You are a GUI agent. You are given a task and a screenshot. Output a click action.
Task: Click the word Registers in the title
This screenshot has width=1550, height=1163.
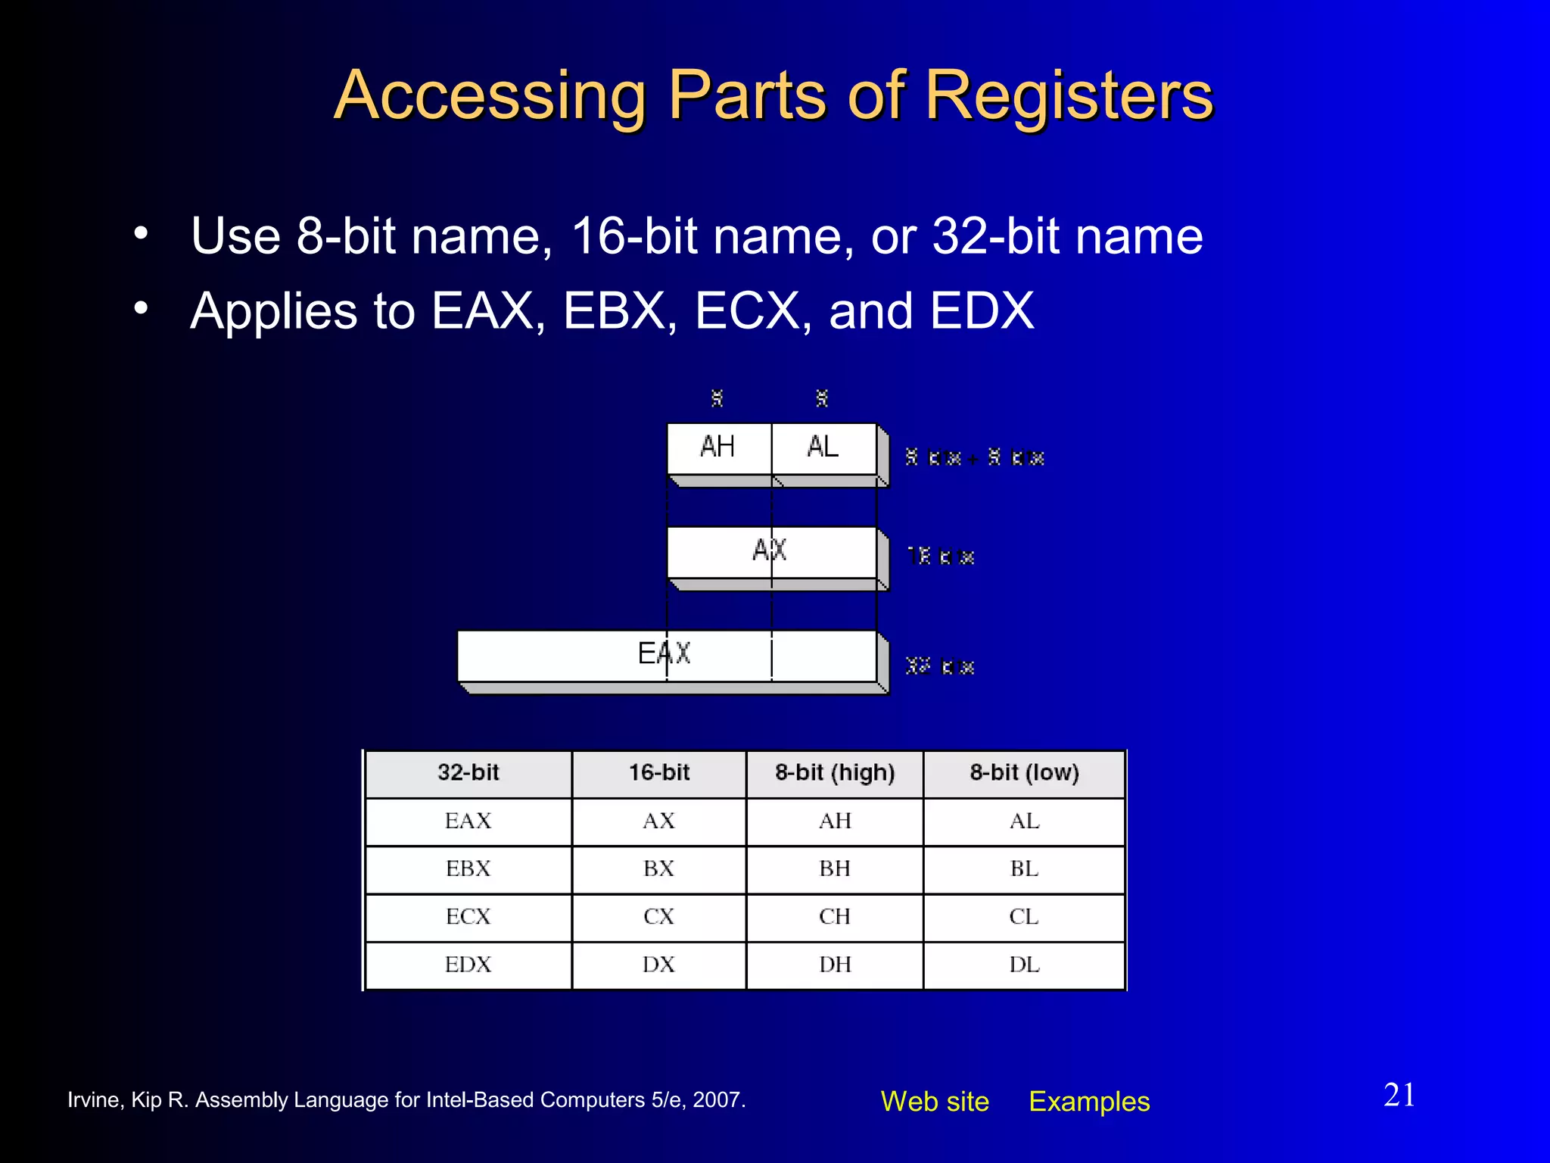1069,95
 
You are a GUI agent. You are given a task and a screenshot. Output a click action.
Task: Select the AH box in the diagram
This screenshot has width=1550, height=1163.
717,447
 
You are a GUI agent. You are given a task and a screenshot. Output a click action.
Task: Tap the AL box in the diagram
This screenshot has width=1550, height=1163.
823,447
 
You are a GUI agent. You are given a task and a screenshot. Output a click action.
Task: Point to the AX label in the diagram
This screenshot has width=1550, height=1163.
770,550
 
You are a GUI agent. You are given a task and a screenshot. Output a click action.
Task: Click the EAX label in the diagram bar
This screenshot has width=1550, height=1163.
664,653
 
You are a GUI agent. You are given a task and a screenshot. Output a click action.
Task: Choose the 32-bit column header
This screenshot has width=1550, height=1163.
468,773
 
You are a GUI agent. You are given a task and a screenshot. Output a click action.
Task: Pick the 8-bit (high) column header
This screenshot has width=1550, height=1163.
835,773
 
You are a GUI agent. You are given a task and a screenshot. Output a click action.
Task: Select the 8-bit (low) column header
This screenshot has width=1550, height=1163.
1024,773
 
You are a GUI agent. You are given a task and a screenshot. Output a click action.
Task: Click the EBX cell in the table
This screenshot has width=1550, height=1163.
468,869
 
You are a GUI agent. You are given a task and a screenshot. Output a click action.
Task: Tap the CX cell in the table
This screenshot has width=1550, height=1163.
658,917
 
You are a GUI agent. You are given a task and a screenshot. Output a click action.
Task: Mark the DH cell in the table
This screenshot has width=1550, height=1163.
835,965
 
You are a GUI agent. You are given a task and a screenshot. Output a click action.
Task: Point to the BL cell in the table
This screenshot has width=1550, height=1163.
1024,869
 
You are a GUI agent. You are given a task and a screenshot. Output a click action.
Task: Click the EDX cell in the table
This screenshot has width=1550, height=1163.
468,965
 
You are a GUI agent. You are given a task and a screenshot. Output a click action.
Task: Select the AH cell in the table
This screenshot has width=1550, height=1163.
835,822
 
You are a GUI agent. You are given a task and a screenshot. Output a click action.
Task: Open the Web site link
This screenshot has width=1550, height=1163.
935,1102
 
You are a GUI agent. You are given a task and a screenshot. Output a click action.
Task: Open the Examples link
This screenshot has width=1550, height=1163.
1089,1102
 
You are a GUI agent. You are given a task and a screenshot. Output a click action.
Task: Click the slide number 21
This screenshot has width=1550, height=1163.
1399,1095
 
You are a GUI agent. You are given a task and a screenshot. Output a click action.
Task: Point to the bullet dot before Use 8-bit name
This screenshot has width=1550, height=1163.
141,234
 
